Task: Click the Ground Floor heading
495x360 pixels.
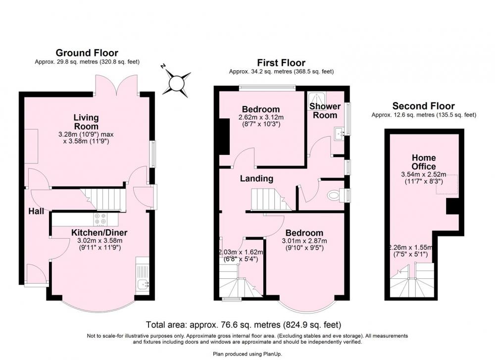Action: (x=87, y=52)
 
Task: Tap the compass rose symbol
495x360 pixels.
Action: (x=177, y=83)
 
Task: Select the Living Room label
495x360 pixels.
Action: (x=86, y=122)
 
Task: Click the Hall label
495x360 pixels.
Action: (x=36, y=211)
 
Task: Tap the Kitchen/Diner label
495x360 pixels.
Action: (x=99, y=233)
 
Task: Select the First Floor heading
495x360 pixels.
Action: (x=281, y=62)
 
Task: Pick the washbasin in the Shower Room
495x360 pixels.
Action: (x=340, y=134)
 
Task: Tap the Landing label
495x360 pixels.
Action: (x=256, y=178)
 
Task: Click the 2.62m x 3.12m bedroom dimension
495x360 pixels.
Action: (x=261, y=121)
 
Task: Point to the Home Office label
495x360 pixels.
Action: (x=424, y=162)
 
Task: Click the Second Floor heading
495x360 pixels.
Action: (x=424, y=106)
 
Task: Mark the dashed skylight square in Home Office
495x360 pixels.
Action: (x=446, y=184)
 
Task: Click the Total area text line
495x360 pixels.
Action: (x=244, y=325)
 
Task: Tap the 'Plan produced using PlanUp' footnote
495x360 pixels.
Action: (x=247, y=354)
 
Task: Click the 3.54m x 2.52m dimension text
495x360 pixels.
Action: (x=424, y=174)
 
